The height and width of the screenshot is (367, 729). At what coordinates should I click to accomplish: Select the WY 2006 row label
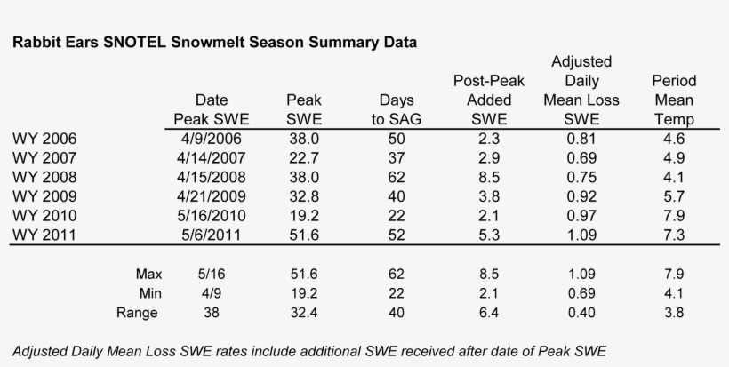click(44, 140)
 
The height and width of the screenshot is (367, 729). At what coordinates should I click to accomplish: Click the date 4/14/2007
click(209, 158)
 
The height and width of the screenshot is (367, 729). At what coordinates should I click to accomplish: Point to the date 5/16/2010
click(209, 215)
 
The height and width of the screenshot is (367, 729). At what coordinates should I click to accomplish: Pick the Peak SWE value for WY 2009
click(304, 196)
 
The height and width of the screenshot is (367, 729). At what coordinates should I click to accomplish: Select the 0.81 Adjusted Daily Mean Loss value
click(581, 140)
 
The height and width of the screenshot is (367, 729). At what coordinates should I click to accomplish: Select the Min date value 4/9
click(209, 293)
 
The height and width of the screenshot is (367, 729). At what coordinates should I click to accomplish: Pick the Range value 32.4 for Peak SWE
click(304, 312)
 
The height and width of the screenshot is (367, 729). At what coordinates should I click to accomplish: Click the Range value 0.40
click(581, 312)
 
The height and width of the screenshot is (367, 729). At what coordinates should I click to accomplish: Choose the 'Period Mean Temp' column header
click(673, 100)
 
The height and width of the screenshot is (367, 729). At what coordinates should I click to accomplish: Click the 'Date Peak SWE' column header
click(209, 110)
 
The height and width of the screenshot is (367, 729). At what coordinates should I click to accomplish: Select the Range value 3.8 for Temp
click(673, 312)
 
